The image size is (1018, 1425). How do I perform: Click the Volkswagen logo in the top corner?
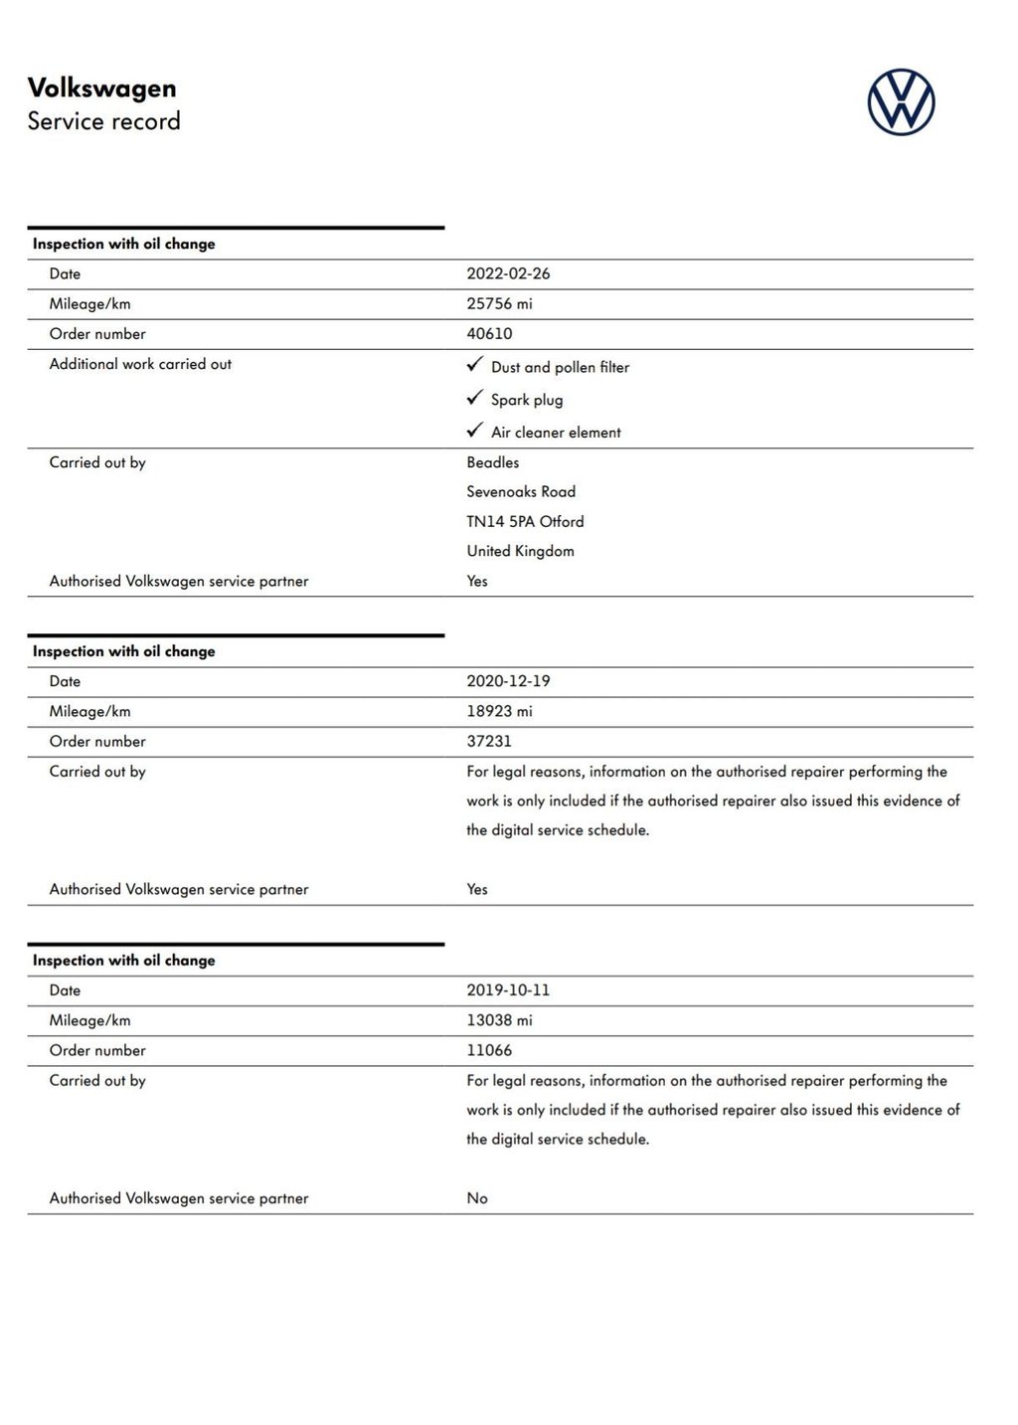(x=901, y=101)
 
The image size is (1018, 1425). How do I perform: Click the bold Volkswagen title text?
(x=101, y=88)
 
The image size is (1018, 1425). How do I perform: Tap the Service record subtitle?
(x=103, y=121)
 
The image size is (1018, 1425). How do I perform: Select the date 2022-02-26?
(x=508, y=273)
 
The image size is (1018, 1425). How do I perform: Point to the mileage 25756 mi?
(x=499, y=303)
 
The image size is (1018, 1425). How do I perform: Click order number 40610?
(x=489, y=333)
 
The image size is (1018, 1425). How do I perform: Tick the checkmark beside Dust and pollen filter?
(x=475, y=365)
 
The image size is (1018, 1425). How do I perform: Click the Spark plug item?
(x=526, y=400)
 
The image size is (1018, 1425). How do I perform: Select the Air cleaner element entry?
(x=555, y=433)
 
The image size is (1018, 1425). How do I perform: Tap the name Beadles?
(x=492, y=462)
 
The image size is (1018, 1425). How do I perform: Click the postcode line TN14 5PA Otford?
(x=525, y=521)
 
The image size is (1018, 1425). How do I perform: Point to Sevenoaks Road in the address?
(x=521, y=491)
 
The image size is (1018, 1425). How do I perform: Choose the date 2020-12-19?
(x=508, y=681)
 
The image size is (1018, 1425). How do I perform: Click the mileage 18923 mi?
(x=499, y=711)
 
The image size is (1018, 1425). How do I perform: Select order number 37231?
(x=489, y=741)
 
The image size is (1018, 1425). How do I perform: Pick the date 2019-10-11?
(x=508, y=990)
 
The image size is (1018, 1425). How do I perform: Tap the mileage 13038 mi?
(x=499, y=1020)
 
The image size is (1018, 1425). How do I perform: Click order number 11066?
(x=489, y=1050)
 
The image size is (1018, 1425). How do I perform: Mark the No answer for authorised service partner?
(x=477, y=1198)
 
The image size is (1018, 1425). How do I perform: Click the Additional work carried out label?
(x=140, y=364)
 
